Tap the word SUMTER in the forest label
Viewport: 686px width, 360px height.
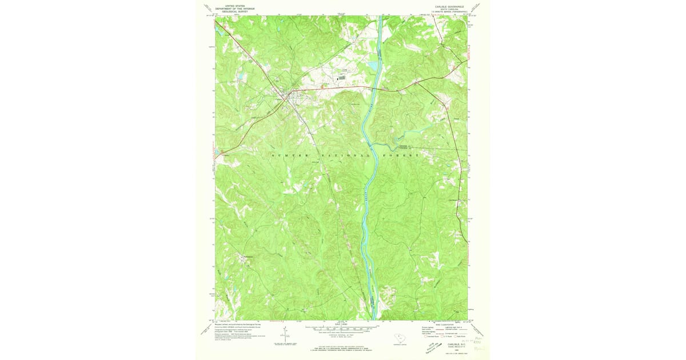click(290, 155)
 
